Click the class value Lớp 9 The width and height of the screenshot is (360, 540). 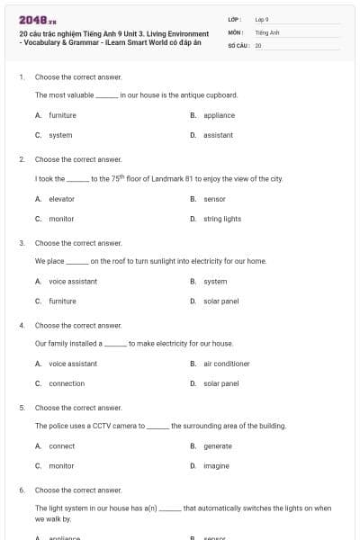click(x=262, y=19)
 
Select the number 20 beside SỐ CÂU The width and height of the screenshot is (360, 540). click(x=258, y=45)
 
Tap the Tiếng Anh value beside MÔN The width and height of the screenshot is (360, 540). click(x=267, y=32)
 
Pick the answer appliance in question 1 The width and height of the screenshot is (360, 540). click(x=219, y=115)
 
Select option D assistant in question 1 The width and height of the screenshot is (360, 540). click(x=218, y=135)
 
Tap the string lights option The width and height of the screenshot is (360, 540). click(x=222, y=219)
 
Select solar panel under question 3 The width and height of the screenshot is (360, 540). click(x=221, y=301)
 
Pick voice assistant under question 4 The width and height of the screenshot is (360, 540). click(x=73, y=364)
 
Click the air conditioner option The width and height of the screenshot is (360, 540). click(x=227, y=364)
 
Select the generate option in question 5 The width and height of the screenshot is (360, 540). click(x=218, y=445)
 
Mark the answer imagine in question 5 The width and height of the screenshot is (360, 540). click(x=217, y=466)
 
